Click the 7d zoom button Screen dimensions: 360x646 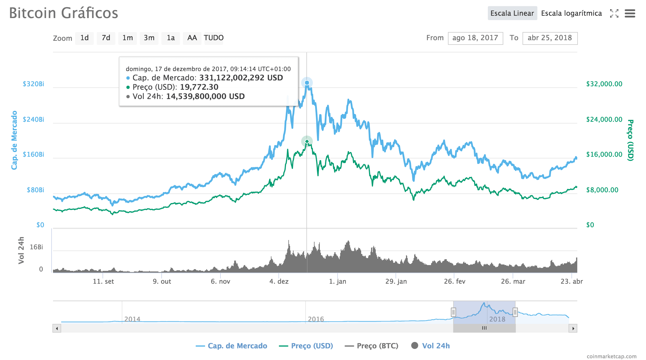106,38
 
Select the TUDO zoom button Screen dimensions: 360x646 213,38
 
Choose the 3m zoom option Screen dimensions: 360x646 149,38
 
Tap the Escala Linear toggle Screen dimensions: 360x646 512,13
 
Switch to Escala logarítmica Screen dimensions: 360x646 571,13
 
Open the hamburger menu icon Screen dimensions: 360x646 630,13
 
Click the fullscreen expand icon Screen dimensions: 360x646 614,13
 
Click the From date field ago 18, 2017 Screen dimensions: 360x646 475,38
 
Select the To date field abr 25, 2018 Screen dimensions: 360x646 550,38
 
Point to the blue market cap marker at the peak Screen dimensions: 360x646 307,83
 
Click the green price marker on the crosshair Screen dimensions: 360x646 307,142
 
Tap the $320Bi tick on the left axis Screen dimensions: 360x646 33,84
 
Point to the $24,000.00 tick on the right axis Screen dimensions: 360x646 604,119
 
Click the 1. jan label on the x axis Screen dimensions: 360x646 338,281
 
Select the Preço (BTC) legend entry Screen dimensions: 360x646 371,346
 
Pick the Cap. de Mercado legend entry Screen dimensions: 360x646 232,346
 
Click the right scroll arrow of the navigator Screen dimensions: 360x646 573,328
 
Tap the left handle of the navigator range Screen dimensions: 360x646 453,312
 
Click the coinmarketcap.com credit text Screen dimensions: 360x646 611,356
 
